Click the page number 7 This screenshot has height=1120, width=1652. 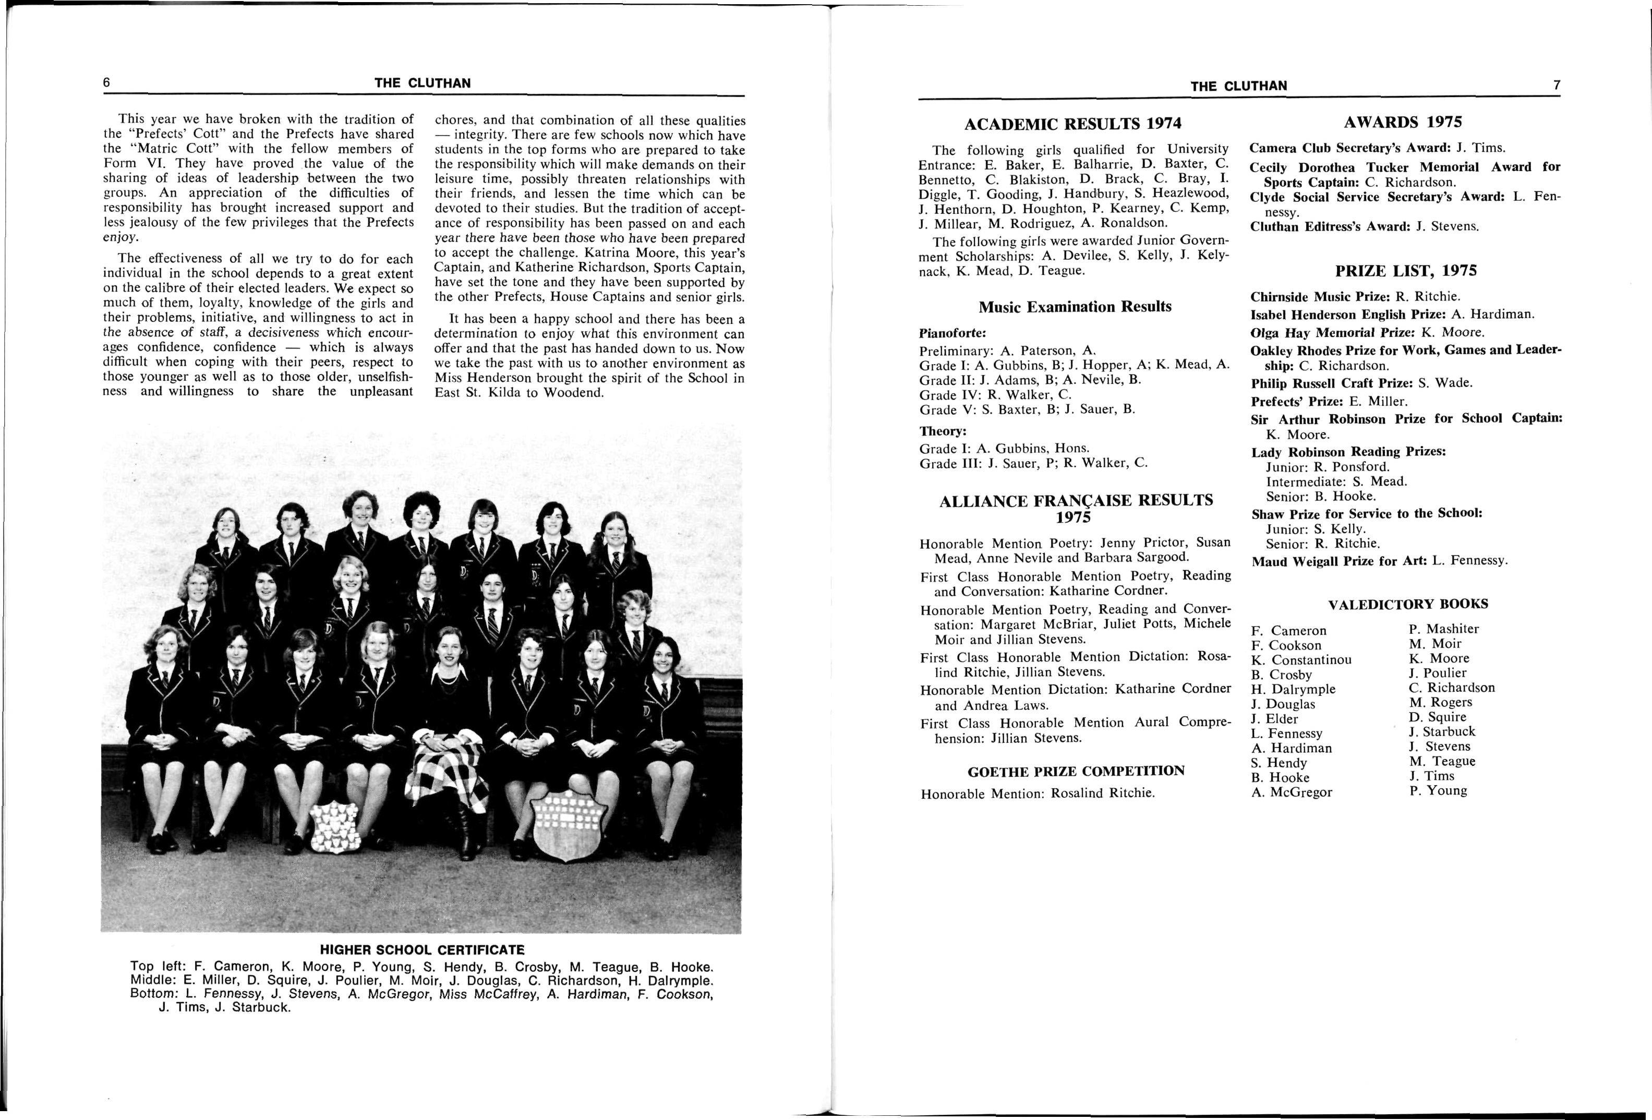[1556, 85]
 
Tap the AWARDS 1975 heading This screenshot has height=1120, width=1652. [1403, 122]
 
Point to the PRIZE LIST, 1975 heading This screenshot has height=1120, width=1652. [1405, 271]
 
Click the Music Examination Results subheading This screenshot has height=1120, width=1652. [1074, 307]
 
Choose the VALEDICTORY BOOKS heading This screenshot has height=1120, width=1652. [1407, 604]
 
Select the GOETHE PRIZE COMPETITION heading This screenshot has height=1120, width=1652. [1076, 771]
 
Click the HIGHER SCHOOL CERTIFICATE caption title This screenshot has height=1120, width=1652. [421, 949]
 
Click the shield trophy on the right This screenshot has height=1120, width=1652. [569, 824]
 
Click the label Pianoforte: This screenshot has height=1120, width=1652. [952, 333]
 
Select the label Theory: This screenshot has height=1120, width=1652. [943, 431]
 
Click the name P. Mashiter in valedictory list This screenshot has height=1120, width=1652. [1444, 629]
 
